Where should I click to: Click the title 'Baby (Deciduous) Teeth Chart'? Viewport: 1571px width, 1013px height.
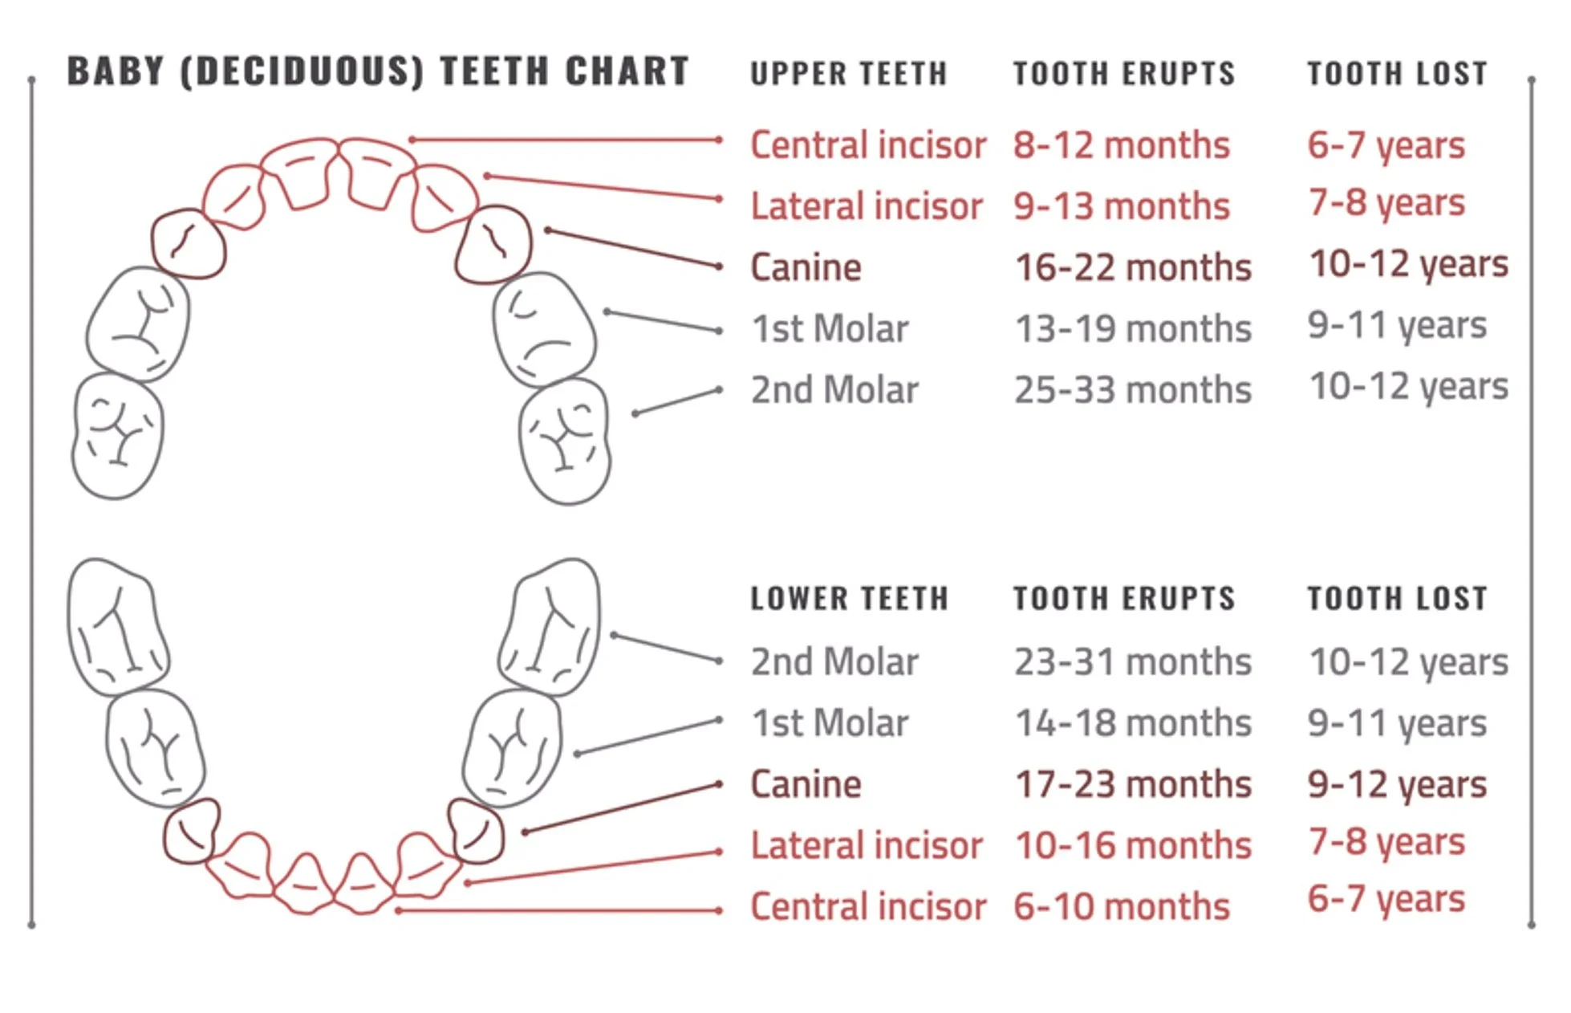tap(378, 71)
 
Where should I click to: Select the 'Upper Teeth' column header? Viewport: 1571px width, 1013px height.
tap(849, 74)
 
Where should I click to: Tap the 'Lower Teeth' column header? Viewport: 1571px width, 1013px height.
tap(849, 599)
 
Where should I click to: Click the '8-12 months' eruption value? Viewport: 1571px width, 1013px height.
tap(1121, 145)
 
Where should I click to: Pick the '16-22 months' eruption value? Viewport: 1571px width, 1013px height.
tap(1133, 267)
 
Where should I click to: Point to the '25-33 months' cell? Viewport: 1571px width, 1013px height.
tap(1132, 390)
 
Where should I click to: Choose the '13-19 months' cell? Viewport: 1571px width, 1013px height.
tap(1133, 328)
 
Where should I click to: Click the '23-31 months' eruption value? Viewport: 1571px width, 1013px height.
tap(1132, 662)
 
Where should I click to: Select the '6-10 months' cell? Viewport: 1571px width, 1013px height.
tap(1121, 906)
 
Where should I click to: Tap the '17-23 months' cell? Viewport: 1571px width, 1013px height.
tap(1133, 784)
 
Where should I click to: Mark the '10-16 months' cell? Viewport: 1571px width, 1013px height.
tap(1133, 845)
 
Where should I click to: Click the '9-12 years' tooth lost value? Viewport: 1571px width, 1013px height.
tap(1397, 784)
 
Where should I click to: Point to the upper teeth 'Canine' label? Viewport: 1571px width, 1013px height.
tap(806, 267)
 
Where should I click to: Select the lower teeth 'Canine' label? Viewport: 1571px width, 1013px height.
tap(806, 784)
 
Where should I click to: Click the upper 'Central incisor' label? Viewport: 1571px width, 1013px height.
tap(868, 145)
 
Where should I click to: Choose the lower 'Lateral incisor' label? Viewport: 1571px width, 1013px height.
tap(867, 845)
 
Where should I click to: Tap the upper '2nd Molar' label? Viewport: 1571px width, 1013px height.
tap(834, 390)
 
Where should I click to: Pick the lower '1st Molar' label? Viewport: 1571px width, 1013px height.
tap(830, 723)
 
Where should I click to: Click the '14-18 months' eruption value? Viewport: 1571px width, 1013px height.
tap(1133, 723)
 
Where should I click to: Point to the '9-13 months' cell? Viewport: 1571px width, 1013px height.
tap(1121, 206)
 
